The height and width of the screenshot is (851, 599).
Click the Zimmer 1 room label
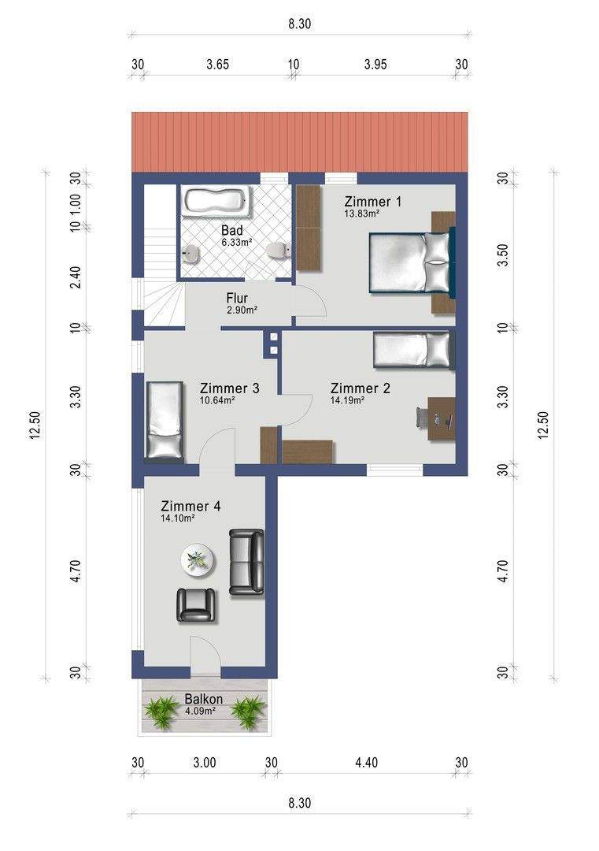pos(373,202)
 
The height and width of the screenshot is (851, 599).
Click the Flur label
pos(237,298)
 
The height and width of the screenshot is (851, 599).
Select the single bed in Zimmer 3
pos(165,420)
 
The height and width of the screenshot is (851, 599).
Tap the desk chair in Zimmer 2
pos(422,417)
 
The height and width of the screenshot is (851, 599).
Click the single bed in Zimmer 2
pos(412,350)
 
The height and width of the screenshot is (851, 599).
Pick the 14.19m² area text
pos(347,401)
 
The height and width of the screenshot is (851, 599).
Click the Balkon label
pos(204,699)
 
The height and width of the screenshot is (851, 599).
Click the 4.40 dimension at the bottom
pos(367,763)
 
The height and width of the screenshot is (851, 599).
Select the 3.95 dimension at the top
pos(375,65)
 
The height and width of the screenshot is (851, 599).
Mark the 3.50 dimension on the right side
pos(504,255)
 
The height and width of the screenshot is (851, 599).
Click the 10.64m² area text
pos(216,401)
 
